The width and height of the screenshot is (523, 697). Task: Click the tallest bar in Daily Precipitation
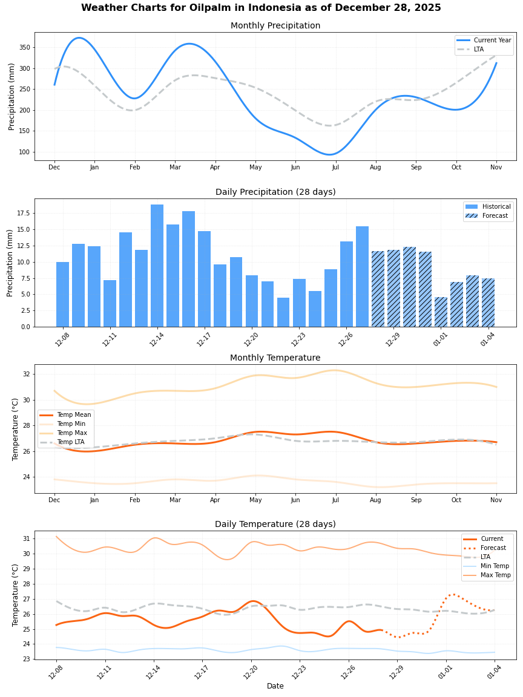tap(157, 266)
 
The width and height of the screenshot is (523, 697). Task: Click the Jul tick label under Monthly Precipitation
tap(335, 167)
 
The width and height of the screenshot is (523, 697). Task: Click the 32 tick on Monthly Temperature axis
tap(27, 374)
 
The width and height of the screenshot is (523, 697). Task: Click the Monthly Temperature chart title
tap(275, 358)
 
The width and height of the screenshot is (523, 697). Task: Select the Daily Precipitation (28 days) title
tap(275, 192)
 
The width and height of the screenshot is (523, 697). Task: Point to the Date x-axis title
tap(275, 686)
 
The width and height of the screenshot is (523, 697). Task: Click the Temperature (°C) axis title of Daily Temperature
tap(16, 595)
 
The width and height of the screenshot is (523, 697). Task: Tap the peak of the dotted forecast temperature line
tap(453, 594)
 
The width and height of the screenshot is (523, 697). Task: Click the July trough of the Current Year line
tap(329, 154)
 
